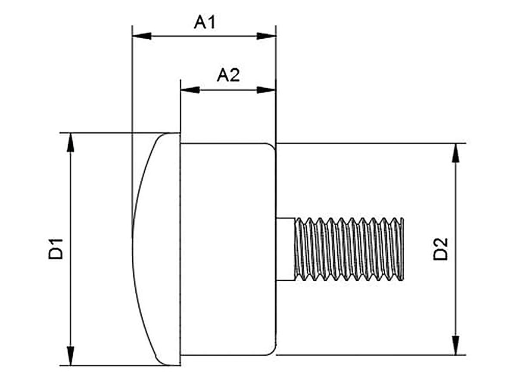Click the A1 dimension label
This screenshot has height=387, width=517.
coord(204,23)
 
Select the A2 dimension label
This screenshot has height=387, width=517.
coord(228,76)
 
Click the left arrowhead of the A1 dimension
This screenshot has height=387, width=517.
coord(142,36)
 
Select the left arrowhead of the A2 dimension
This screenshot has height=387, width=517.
coord(190,90)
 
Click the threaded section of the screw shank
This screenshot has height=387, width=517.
coord(349,249)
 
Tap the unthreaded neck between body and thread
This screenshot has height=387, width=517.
coord(285,249)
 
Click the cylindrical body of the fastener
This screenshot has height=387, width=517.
coord(227,249)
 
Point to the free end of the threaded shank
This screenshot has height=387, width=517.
coord(402,249)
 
